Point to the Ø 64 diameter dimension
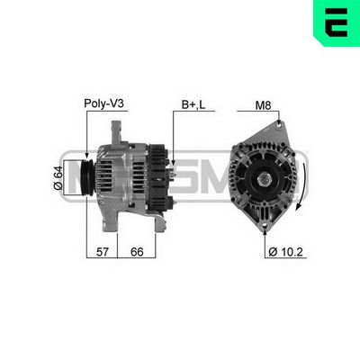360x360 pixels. point(57,176)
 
